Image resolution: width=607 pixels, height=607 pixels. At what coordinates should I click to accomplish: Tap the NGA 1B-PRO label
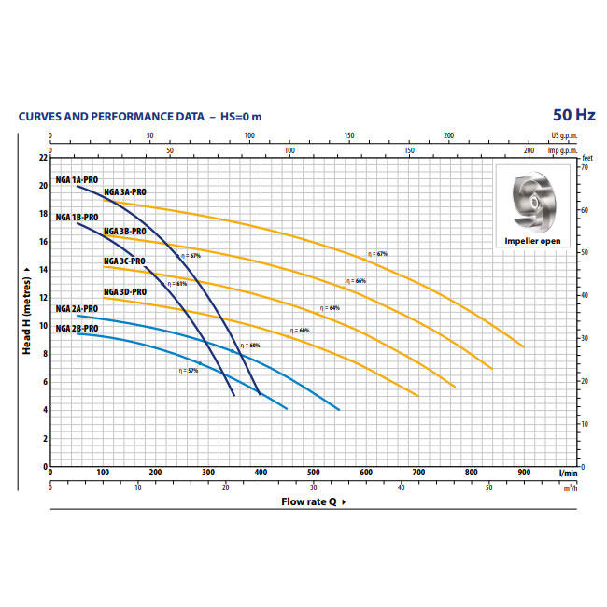pyautogui.click(x=77, y=218)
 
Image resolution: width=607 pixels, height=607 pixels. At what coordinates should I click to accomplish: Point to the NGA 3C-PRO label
pyautogui.click(x=124, y=261)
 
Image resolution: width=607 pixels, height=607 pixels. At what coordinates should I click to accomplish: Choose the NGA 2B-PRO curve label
pyautogui.click(x=77, y=329)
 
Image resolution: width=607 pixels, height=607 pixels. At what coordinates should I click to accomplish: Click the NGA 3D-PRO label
pyautogui.click(x=124, y=292)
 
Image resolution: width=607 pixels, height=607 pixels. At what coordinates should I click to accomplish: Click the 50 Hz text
pyautogui.click(x=572, y=116)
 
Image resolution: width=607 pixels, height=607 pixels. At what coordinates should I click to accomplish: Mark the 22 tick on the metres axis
pyautogui.click(x=42, y=157)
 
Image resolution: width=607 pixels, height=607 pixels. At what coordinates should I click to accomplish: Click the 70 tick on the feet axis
pyautogui.click(x=586, y=167)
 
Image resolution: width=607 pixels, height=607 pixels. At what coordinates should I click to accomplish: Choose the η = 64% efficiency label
pyautogui.click(x=330, y=307)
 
